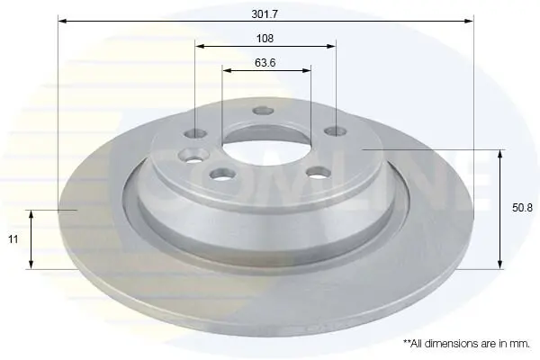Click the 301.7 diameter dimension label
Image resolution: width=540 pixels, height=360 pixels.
[265, 14]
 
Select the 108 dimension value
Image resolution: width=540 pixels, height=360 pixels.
[265, 38]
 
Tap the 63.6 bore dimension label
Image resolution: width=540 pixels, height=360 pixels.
[265, 63]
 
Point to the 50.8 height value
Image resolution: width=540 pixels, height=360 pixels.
[522, 208]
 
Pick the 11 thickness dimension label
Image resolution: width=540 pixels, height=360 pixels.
[13, 239]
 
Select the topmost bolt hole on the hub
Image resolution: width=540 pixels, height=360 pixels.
[263, 111]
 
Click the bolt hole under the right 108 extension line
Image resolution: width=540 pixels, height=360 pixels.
[336, 131]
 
